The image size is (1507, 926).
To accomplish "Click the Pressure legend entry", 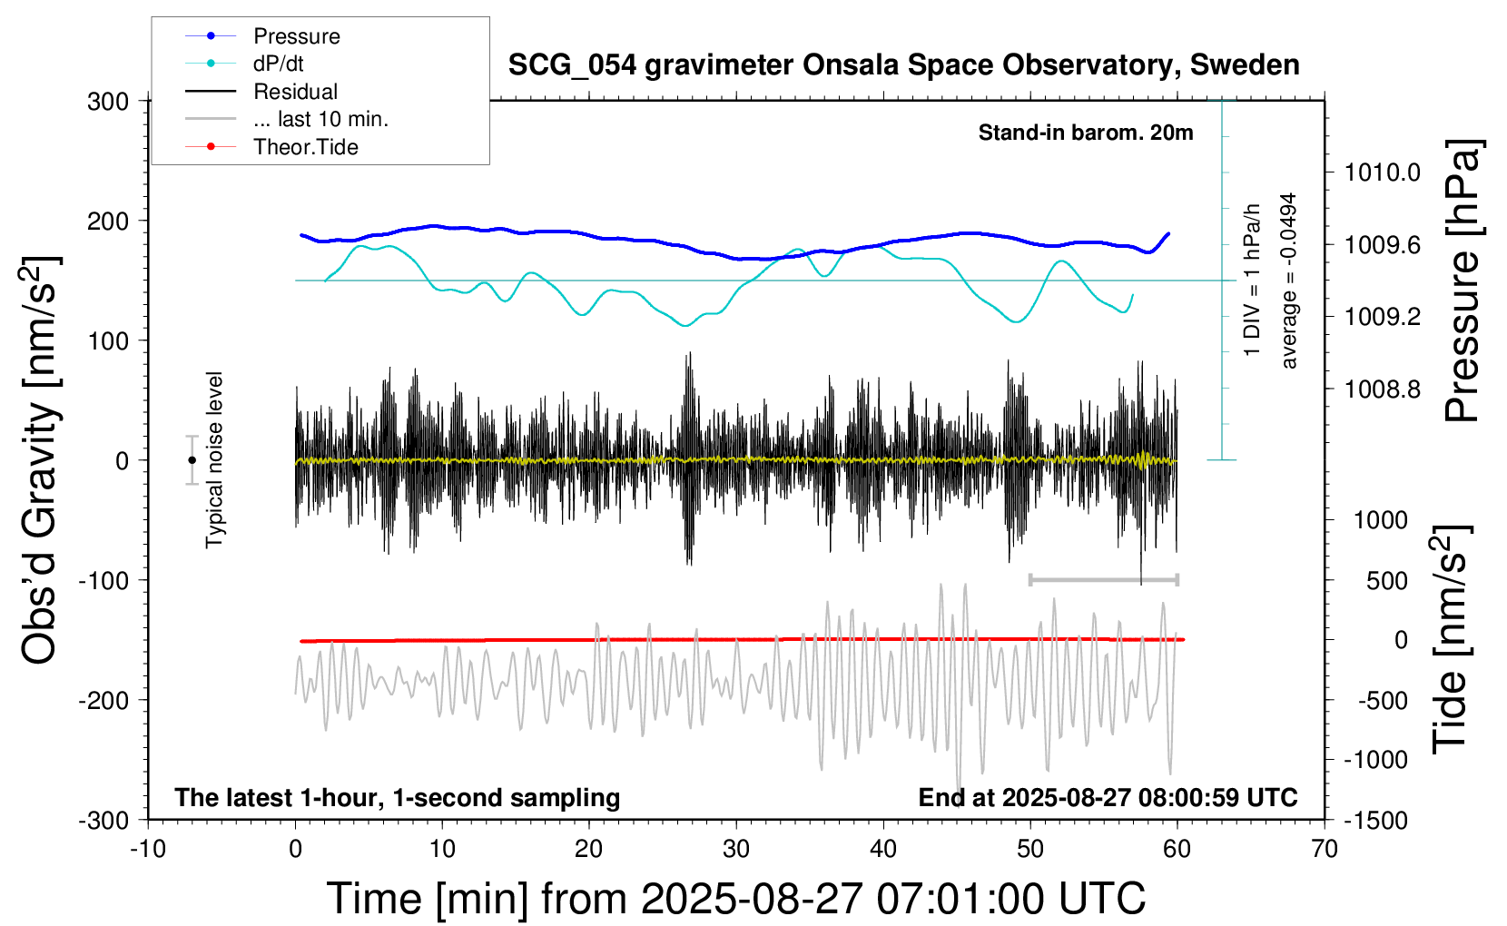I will coord(296,36).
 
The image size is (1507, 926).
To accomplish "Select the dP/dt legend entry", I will coord(278,64).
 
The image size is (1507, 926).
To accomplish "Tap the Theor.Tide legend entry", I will coord(305,147).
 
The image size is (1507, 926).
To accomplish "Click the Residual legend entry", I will coord(295,92).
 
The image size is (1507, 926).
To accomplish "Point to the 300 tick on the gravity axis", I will coord(108,102).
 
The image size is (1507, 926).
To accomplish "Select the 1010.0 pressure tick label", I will coord(1382,172).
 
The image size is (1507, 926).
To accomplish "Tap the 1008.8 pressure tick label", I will coord(1382,389).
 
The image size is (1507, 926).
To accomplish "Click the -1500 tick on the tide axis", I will coord(1375,821).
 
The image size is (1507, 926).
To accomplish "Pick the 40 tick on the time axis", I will coord(883,850).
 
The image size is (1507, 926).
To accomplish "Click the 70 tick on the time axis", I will coord(1325,850).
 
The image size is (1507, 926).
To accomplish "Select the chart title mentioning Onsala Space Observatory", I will coord(903,65).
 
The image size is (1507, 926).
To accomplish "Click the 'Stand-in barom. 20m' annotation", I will coord(1086,133).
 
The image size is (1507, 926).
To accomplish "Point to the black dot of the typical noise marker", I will coord(192,460).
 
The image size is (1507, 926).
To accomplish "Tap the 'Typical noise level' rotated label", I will coord(214,459).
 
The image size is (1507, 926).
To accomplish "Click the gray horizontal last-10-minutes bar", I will coord(1104,579).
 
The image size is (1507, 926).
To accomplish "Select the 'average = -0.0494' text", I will coord(1289,281).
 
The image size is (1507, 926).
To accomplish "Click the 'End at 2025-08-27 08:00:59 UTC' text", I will coord(1108,798).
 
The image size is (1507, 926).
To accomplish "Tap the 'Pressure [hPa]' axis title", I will coord(1463,281).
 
